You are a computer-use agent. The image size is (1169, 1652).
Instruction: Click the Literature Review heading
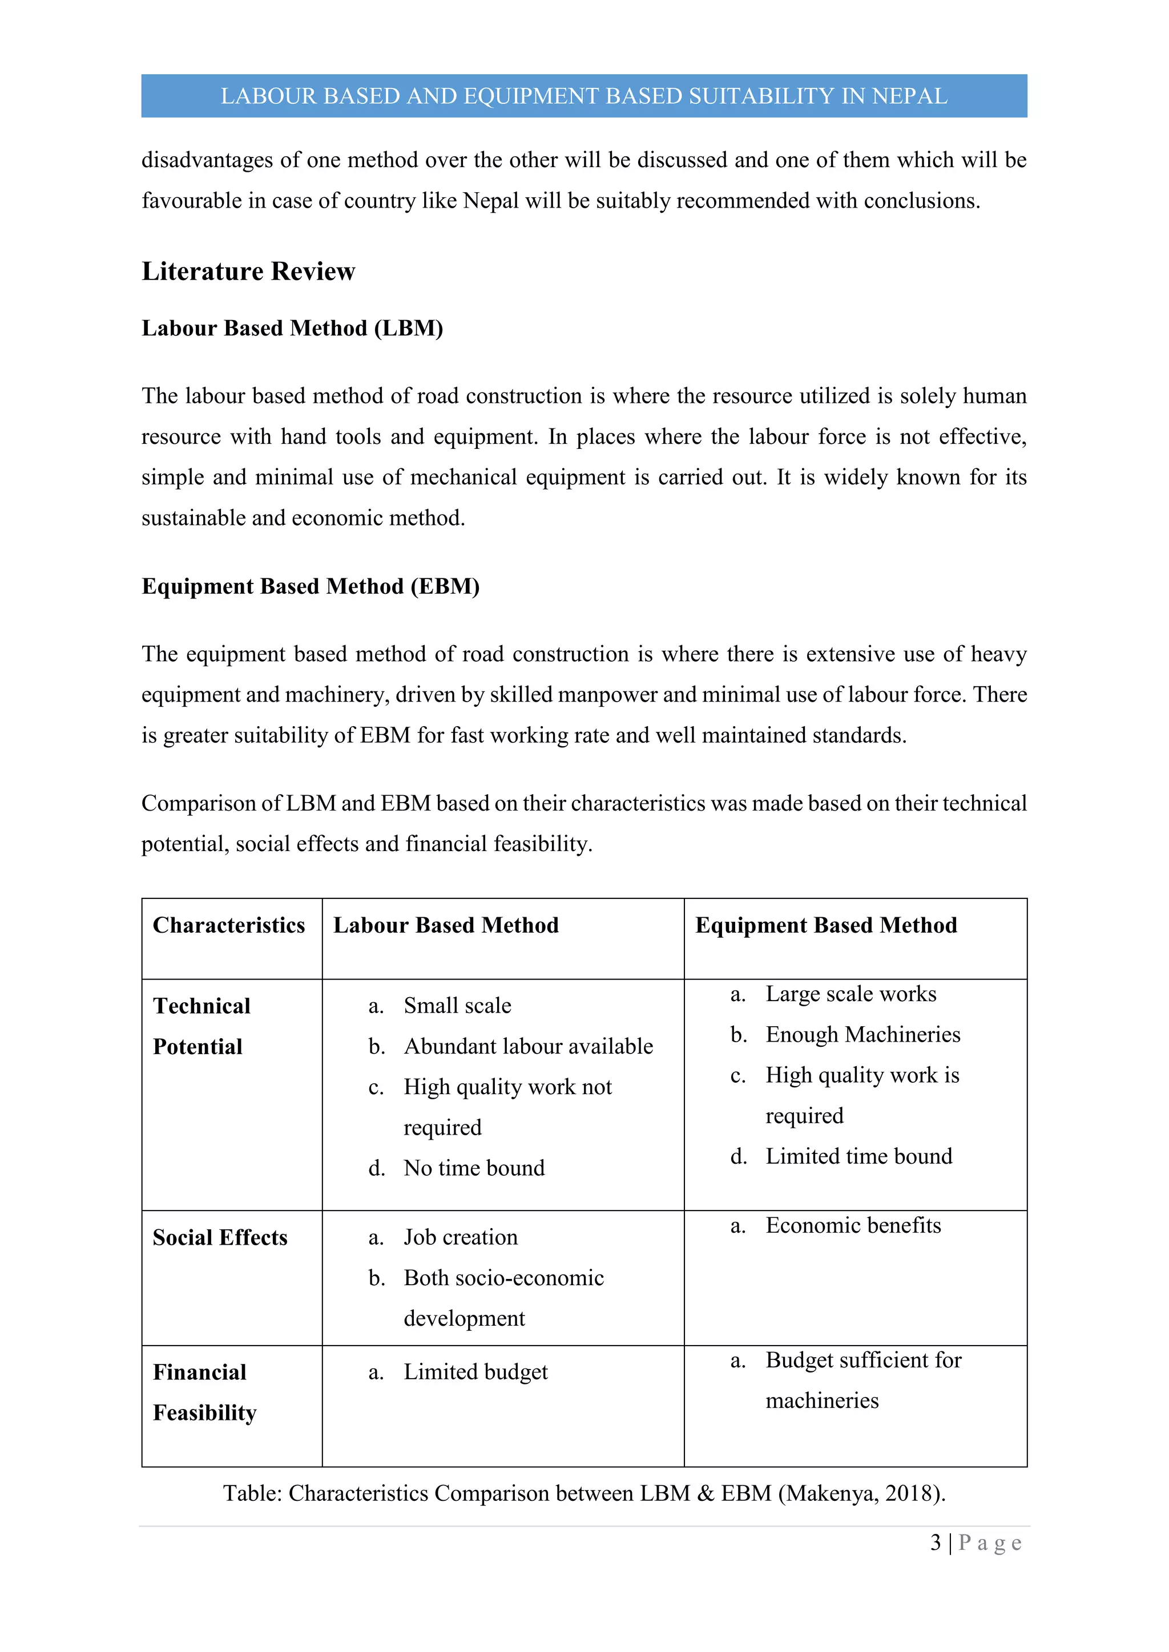(x=248, y=272)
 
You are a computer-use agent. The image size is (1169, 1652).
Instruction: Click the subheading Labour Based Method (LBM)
(x=292, y=328)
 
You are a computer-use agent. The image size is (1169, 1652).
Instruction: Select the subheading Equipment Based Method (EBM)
(x=311, y=586)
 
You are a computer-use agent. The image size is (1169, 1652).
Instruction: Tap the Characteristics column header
(x=229, y=925)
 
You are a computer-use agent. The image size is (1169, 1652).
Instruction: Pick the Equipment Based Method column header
(x=825, y=925)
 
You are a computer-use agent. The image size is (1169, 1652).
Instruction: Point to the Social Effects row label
(x=220, y=1237)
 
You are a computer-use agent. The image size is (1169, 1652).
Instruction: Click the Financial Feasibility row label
(x=204, y=1392)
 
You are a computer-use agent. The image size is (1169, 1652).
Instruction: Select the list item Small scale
(x=457, y=1006)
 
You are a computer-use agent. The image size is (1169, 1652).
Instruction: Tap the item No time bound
(x=474, y=1168)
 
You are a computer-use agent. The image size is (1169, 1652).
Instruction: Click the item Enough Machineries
(x=862, y=1035)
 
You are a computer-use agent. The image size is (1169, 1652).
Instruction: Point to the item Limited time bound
(x=858, y=1156)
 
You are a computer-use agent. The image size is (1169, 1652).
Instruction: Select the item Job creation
(x=460, y=1237)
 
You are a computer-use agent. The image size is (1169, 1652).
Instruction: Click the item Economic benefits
(x=852, y=1225)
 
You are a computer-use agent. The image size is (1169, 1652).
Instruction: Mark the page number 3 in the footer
(x=935, y=1542)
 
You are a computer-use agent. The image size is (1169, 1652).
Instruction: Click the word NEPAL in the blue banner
(x=909, y=96)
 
